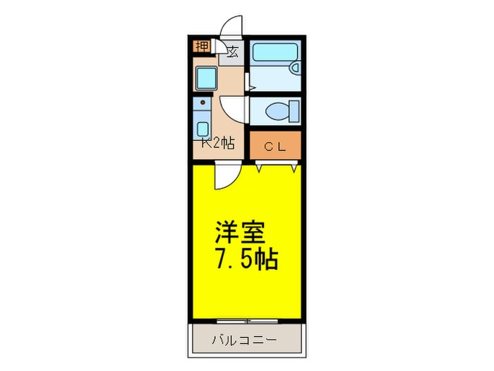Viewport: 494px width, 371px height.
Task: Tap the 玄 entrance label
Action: [x=232, y=51]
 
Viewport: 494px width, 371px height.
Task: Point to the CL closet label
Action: [x=275, y=146]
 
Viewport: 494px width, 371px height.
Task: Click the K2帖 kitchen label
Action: [x=217, y=142]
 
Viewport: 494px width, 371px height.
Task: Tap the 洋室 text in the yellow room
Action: [x=241, y=232]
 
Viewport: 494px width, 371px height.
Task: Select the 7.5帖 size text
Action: [x=246, y=259]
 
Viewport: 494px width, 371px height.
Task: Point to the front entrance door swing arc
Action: [x=231, y=27]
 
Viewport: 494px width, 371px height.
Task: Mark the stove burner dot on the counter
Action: [x=203, y=103]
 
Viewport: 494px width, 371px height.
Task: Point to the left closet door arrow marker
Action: [x=260, y=168]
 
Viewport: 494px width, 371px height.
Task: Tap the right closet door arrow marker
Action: [x=291, y=168]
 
